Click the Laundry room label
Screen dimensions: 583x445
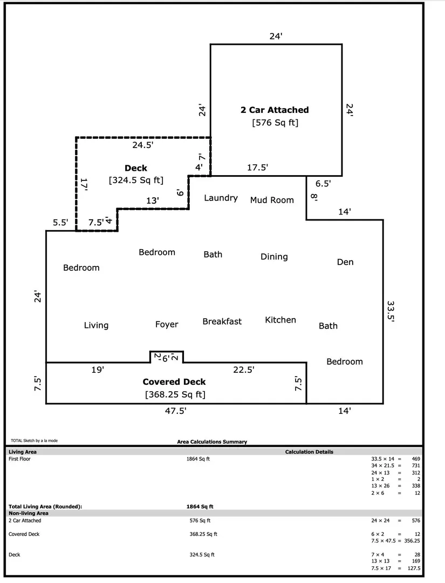point(221,198)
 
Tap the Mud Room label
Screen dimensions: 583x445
point(272,200)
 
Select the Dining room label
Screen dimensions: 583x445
point(274,257)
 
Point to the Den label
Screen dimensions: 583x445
point(345,262)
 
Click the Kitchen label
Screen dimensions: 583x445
point(280,320)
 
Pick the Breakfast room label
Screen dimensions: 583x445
point(222,321)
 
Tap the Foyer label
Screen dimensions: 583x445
point(167,324)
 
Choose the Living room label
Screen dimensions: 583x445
point(96,325)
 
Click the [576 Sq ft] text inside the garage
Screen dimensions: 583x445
point(275,123)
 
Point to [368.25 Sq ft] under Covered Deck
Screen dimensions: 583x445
point(175,394)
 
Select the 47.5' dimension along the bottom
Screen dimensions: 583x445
point(175,411)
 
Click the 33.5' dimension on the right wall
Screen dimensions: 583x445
point(391,311)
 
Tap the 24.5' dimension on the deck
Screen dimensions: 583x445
point(143,145)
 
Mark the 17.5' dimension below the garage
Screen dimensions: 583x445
point(257,167)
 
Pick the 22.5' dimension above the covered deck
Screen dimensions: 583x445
point(244,370)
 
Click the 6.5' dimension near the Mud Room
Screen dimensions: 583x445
point(323,184)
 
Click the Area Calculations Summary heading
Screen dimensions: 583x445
point(212,442)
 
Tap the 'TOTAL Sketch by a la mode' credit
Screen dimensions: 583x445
point(34,441)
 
